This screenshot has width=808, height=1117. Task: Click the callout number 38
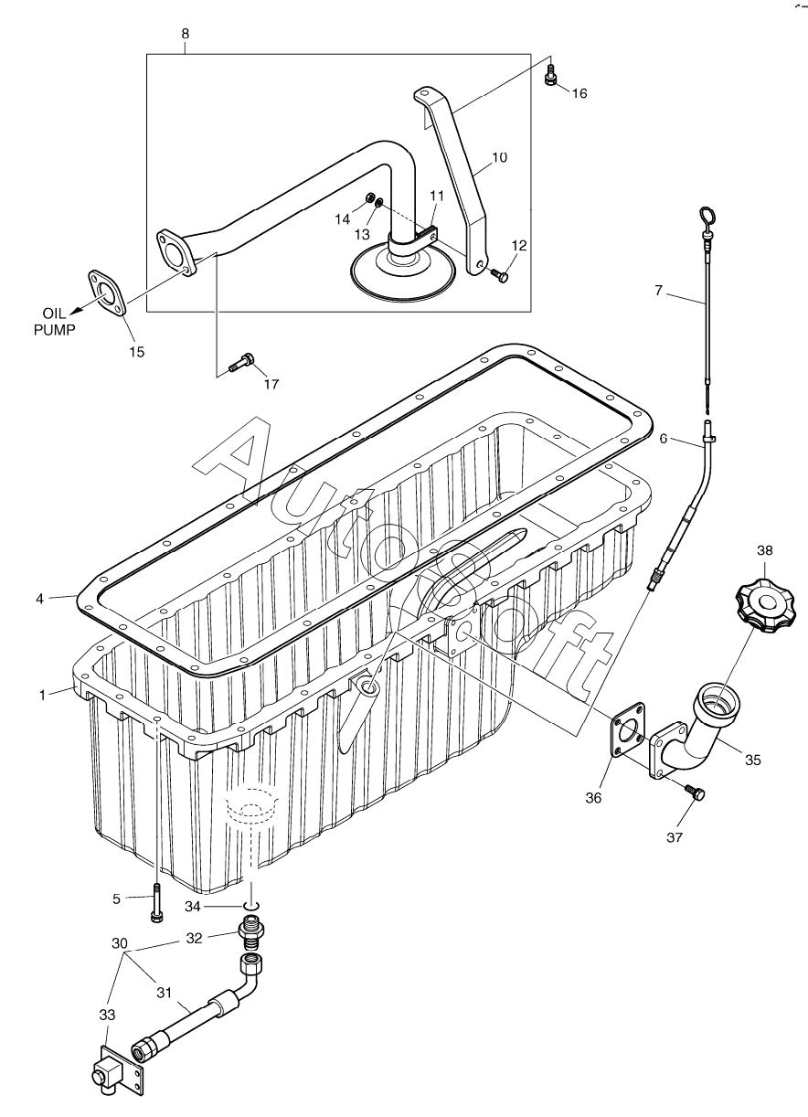tap(765, 550)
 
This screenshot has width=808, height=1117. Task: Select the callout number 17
tap(271, 384)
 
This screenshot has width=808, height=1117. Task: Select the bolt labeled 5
tap(157, 902)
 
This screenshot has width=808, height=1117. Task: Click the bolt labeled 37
tap(697, 793)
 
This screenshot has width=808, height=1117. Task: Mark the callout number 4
tap(39, 599)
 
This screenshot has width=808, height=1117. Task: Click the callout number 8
tap(186, 33)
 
